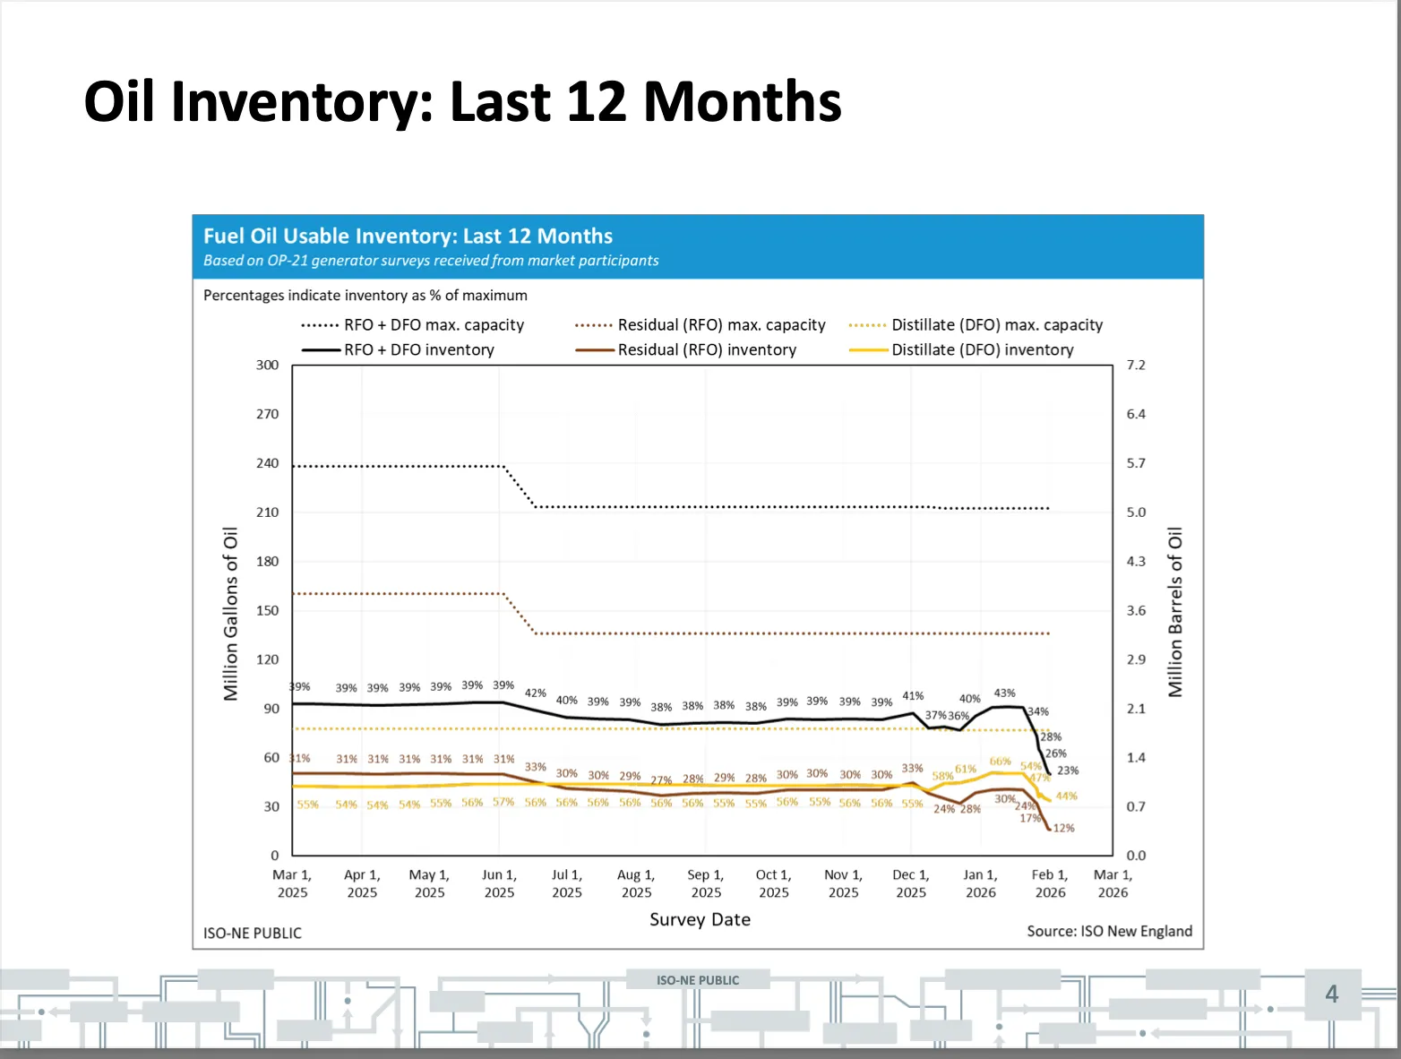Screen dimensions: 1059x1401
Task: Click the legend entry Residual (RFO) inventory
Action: tap(706, 350)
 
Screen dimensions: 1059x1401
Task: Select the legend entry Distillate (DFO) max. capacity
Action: tap(996, 325)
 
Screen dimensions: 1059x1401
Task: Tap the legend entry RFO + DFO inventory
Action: tap(418, 350)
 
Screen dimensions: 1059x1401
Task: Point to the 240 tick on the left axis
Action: tap(267, 463)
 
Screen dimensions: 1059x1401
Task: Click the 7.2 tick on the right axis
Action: tap(1136, 366)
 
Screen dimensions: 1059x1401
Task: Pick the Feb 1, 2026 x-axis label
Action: tap(1050, 883)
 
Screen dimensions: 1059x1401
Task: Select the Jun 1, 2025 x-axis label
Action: tap(499, 883)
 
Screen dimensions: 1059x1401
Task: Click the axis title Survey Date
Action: tap(700, 919)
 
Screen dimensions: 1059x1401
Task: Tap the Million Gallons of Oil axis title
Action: tap(231, 613)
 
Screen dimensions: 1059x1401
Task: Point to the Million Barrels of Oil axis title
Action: tap(1175, 613)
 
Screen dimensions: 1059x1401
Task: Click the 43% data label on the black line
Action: tap(1004, 693)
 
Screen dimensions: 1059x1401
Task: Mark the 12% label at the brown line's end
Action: tap(1063, 829)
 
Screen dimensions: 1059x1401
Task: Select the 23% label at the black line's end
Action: tap(1068, 771)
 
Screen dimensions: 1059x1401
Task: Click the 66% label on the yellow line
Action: tap(1000, 762)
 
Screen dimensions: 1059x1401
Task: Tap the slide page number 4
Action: tap(1331, 994)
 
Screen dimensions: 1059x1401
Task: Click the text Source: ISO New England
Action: tap(1109, 931)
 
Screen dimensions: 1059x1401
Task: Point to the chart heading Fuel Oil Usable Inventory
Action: tap(408, 237)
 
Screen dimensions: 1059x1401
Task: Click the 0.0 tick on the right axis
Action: tap(1136, 856)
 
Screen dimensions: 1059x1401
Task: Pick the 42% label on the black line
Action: tap(535, 693)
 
